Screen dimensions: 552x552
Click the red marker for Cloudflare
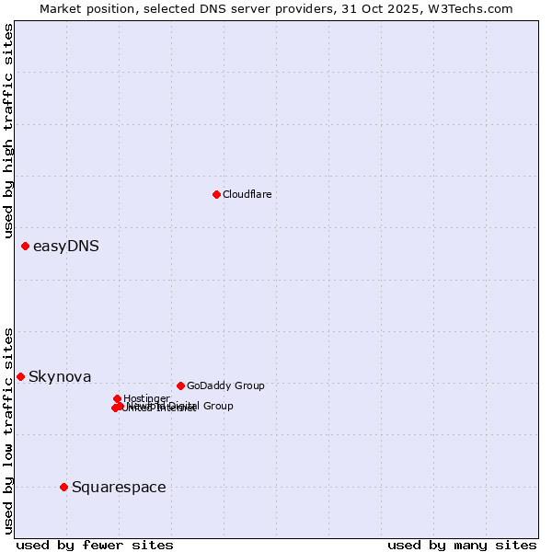click(x=216, y=194)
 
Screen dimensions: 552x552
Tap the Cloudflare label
click(x=247, y=194)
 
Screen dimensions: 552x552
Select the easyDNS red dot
click(x=25, y=246)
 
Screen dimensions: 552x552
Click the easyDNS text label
click(x=66, y=246)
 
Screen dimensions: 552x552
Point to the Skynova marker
click(x=20, y=376)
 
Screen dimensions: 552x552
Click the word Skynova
click(x=60, y=376)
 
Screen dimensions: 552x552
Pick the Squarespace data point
click(x=63, y=487)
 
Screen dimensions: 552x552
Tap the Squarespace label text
click(x=119, y=487)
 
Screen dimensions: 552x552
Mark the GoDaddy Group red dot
click(x=180, y=385)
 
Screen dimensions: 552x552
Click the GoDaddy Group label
click(x=225, y=385)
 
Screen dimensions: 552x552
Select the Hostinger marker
click(x=118, y=398)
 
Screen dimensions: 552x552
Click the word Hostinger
click(x=146, y=398)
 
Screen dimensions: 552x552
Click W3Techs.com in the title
click(x=474, y=8)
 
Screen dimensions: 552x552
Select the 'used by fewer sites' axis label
click(x=95, y=545)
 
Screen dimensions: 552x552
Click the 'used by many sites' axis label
click(x=462, y=545)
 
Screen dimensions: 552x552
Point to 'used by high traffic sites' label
click(x=8, y=131)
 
